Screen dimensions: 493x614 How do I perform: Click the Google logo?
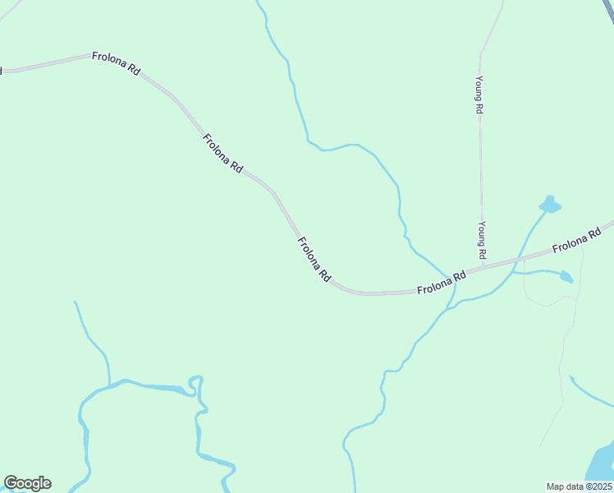(27, 483)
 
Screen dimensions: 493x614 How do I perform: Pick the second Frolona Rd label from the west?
(222, 153)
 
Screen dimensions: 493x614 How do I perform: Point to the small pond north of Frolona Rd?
(549, 205)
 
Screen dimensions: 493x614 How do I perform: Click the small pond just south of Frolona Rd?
(566, 277)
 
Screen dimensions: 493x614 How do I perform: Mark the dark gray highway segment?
(608, 7)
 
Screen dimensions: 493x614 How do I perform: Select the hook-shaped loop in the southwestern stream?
(196, 382)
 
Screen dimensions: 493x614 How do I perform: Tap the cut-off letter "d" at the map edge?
(2, 71)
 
